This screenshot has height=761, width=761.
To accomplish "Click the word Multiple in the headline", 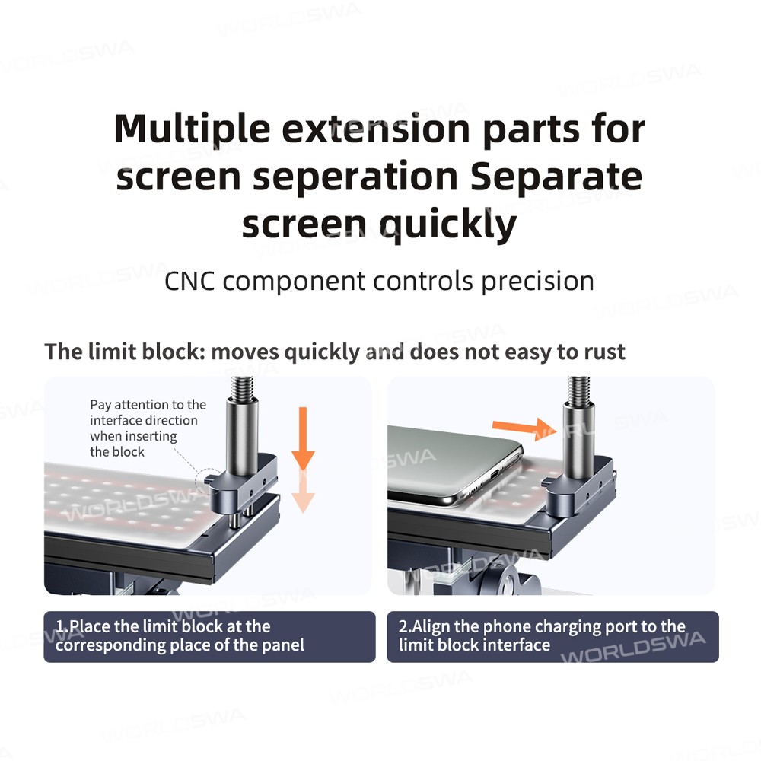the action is (x=193, y=129).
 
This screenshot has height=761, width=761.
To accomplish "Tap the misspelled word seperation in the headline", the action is (x=355, y=177).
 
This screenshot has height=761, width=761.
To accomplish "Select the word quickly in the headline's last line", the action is (x=447, y=224).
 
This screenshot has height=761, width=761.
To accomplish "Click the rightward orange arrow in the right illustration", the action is (x=524, y=429).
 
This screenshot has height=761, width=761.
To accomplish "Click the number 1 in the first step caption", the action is (x=59, y=626).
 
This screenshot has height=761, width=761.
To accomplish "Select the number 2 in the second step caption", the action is (x=403, y=626).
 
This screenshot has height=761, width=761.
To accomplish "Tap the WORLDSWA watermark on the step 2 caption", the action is (x=633, y=648).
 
